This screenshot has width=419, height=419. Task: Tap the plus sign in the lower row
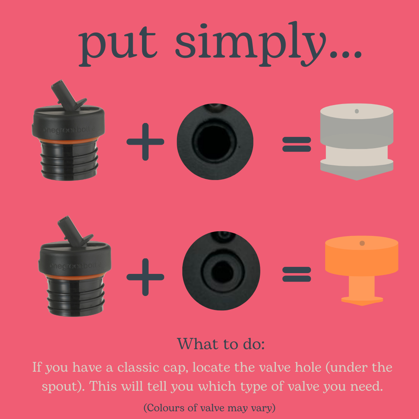[145, 277]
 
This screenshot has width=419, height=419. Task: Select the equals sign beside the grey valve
[297, 144]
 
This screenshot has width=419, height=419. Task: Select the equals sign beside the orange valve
[297, 274]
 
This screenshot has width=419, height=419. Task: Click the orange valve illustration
[362, 268]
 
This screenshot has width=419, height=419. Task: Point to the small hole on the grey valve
[357, 111]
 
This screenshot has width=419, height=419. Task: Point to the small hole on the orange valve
[362, 243]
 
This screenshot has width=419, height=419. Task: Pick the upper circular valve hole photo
[215, 142]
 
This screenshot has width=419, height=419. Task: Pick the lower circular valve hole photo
[221, 271]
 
